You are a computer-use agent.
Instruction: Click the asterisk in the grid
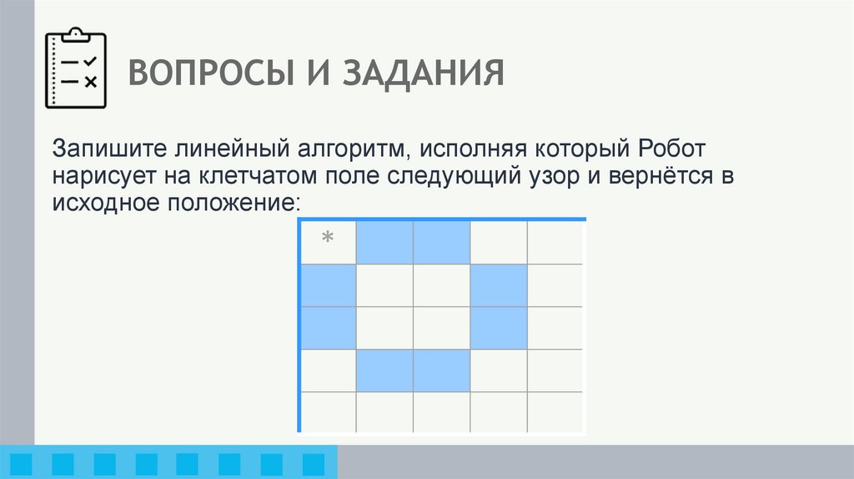click(328, 240)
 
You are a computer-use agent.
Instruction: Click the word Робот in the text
click(675, 151)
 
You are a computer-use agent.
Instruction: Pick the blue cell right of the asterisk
click(384, 243)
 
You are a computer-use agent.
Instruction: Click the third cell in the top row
click(441, 243)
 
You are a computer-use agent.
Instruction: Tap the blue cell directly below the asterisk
click(328, 285)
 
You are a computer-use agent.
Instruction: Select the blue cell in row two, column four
click(498, 285)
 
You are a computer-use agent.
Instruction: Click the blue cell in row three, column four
click(498, 328)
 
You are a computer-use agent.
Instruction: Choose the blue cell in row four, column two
click(384, 371)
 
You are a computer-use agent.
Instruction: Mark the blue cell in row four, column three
click(441, 371)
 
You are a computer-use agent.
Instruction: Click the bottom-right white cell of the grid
click(555, 412)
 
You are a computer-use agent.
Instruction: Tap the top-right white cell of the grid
click(555, 243)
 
